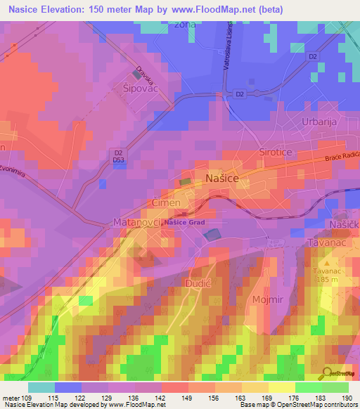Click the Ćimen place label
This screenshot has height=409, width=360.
167,202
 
